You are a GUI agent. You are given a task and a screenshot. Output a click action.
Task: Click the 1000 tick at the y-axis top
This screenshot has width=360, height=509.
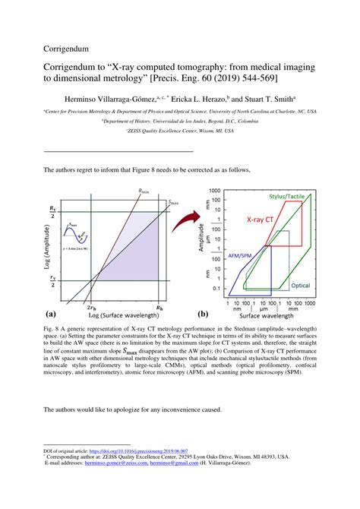pyautogui.click(x=213, y=191)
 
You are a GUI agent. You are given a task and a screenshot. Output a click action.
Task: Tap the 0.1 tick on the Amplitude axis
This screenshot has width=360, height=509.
pyautogui.click(x=216, y=289)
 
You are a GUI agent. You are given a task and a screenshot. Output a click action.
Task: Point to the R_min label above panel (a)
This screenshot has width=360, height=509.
pyautogui.click(x=144, y=191)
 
